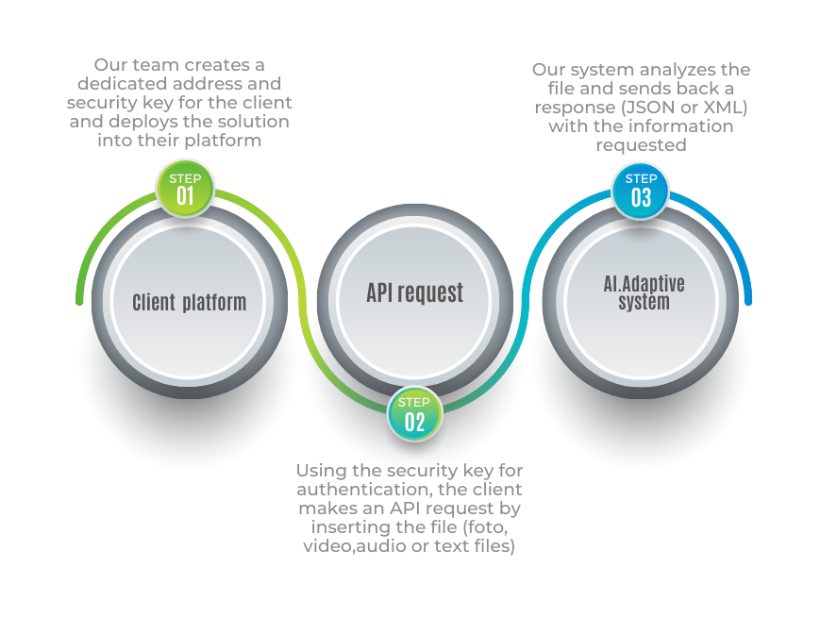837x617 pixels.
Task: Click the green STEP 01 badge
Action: [185, 189]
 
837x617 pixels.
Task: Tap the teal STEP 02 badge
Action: [414, 414]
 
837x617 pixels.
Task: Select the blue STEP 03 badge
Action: [641, 190]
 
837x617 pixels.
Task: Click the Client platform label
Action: [189, 302]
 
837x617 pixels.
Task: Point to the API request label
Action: [415, 292]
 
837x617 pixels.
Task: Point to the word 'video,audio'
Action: [350, 546]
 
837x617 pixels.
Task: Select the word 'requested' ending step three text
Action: [641, 144]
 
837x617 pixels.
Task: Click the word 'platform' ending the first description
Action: [226, 141]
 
